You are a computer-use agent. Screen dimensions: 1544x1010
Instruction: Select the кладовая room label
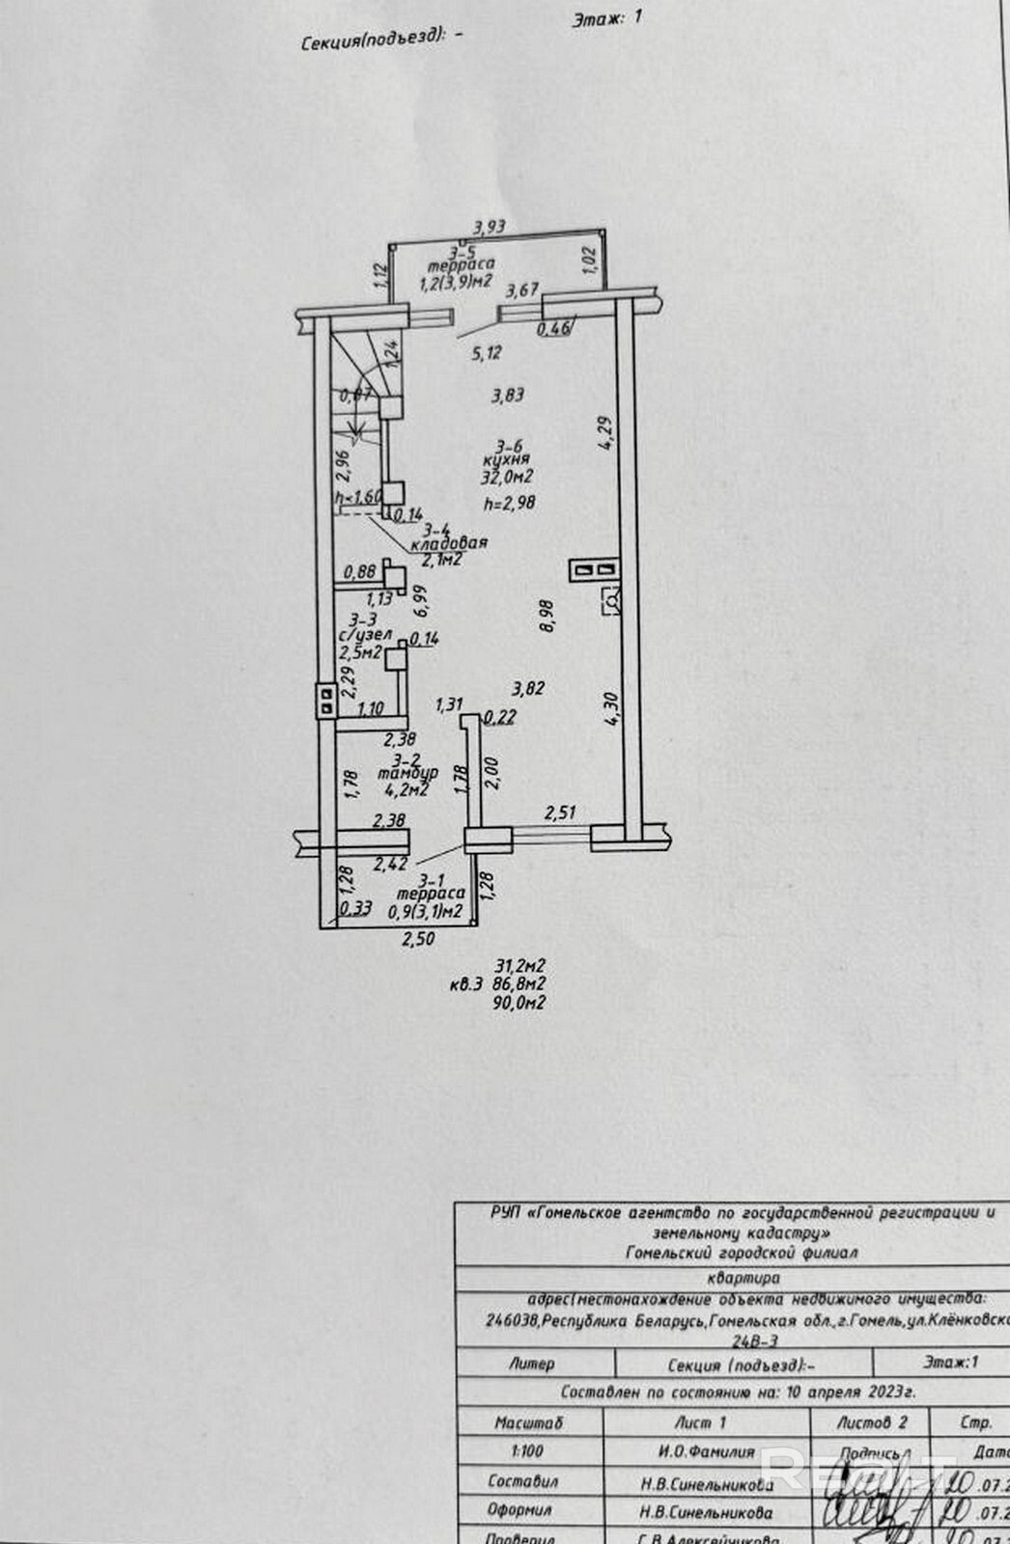tap(448, 543)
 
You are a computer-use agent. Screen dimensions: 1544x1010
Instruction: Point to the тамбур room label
tap(407, 774)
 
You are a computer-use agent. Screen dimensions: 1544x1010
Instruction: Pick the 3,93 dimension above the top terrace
tap(489, 228)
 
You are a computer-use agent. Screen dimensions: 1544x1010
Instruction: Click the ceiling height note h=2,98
tap(509, 502)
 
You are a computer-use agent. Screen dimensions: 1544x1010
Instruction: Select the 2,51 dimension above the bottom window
tap(560, 813)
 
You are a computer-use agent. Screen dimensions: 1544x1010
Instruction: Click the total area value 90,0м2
tap(519, 1004)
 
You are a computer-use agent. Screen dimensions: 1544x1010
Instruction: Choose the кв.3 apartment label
tap(465, 985)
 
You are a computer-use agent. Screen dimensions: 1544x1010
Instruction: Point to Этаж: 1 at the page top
tap(606, 18)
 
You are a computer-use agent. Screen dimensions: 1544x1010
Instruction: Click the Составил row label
tap(522, 1481)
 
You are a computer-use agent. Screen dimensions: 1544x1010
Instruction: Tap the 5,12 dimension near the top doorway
tap(487, 353)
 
